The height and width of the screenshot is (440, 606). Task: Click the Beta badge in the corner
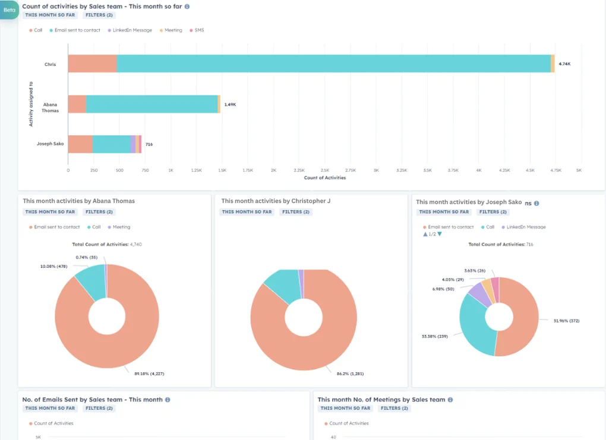pos(10,10)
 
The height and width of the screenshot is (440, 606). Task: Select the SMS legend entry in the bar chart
pos(199,30)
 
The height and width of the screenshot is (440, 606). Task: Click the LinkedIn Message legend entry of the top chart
pos(132,30)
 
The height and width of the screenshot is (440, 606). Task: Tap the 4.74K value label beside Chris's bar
pos(564,64)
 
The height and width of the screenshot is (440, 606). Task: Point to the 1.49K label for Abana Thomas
pos(230,105)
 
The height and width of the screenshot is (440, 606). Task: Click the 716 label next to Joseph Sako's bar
pos(149,144)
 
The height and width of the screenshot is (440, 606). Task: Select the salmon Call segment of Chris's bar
pos(92,64)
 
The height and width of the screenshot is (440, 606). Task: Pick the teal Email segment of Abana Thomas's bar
pos(151,104)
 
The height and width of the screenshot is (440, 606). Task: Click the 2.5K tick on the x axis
pos(324,170)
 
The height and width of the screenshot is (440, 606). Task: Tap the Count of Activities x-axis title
pos(324,178)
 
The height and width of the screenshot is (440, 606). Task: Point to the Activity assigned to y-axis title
pos(31,104)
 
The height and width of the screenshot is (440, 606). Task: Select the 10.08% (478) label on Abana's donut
pos(53,267)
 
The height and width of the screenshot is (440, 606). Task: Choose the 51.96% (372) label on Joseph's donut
pos(566,321)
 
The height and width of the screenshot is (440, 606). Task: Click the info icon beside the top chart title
pos(187,7)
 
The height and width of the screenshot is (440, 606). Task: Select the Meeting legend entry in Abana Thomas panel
pos(121,227)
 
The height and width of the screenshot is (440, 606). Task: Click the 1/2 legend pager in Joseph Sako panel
pos(433,234)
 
